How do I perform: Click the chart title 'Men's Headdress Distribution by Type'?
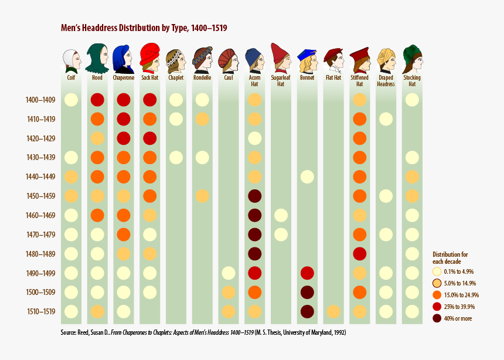point(144,28)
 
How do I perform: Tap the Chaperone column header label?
point(123,77)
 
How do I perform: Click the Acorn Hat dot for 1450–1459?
point(254,196)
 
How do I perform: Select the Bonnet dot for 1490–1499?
point(307,273)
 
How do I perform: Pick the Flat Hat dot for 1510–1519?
point(333,311)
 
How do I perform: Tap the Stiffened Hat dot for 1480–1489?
point(359,254)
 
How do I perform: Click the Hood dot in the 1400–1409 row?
point(97,100)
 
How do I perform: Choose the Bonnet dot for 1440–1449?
point(307,176)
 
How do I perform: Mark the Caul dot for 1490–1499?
point(229,273)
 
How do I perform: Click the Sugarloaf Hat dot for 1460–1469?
point(281,215)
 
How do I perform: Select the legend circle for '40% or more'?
point(437,318)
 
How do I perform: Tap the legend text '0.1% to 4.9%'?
point(460,271)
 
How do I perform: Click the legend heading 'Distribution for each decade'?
point(450,257)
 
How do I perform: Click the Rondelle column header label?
point(202,77)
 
